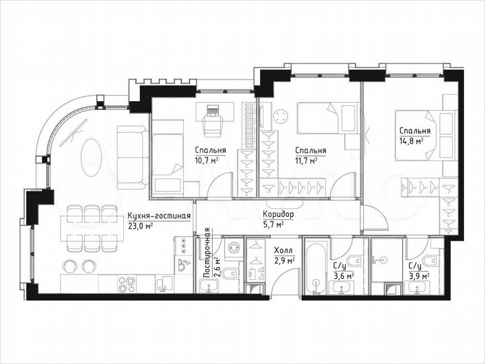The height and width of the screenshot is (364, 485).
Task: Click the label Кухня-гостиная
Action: click(159, 216)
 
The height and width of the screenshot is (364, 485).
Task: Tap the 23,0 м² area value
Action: click(140, 227)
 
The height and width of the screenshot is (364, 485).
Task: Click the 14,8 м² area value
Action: click(410, 142)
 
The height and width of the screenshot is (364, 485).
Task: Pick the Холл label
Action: click(282, 249)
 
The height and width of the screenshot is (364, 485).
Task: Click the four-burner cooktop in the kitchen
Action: click(127, 284)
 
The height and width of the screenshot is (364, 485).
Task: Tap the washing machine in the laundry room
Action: click(233, 249)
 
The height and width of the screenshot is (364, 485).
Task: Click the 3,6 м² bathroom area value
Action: click(344, 274)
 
